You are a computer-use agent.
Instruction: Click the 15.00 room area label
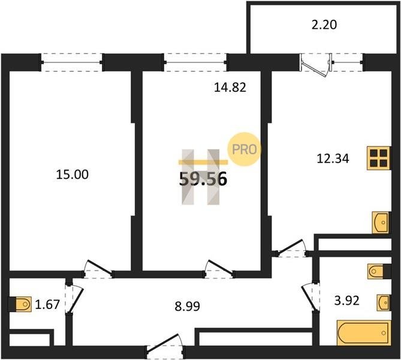pyautogui.click(x=73, y=175)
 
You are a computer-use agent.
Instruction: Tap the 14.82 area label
pyautogui.click(x=230, y=88)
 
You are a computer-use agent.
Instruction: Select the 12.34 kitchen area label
pyautogui.click(x=333, y=158)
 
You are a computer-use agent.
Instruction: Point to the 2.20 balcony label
pyautogui.click(x=324, y=25)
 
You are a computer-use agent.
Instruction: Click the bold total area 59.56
pyautogui.click(x=203, y=178)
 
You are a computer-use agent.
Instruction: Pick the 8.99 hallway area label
pyautogui.click(x=188, y=306)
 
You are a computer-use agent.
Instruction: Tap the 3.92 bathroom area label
pyautogui.click(x=347, y=301)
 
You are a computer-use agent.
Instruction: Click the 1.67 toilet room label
pyautogui.click(x=47, y=304)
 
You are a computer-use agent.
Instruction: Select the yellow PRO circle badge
pyautogui.click(x=245, y=149)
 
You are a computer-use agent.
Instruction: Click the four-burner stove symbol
pyautogui.click(x=379, y=158)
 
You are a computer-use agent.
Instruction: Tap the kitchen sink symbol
pyautogui.click(x=381, y=223)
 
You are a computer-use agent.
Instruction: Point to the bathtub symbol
pyautogui.click(x=364, y=333)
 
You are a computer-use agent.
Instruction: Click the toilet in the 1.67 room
pyautogui.click(x=20, y=304)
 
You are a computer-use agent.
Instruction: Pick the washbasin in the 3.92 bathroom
pyautogui.click(x=384, y=302)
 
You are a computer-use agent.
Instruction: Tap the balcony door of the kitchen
pyautogui.click(x=316, y=64)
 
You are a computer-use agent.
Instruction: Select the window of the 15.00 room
pyautogui.click(x=71, y=62)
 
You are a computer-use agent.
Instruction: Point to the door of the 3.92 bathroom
pyautogui.click(x=310, y=297)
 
